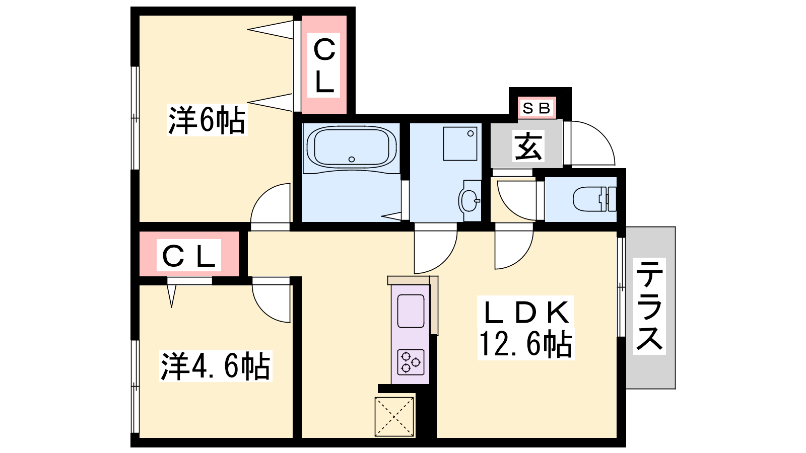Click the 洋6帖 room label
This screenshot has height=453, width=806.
[x=207, y=120]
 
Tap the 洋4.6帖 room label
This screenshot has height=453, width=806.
[x=216, y=366]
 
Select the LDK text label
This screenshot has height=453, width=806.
[x=526, y=312]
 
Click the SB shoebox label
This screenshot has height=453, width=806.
[x=536, y=108]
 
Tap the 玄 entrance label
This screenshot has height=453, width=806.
[x=528, y=145]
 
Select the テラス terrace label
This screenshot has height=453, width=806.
[x=649, y=306]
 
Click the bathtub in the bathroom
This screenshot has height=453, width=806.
[x=352, y=147]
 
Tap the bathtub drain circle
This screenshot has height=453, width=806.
[x=352, y=159]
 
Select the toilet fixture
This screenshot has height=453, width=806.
[x=594, y=199]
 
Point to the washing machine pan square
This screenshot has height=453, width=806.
[x=460, y=143]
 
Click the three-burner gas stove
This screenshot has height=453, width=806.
[x=411, y=362]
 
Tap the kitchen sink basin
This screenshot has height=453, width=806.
[x=411, y=311]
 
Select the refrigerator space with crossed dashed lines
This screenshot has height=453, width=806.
[x=394, y=417]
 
